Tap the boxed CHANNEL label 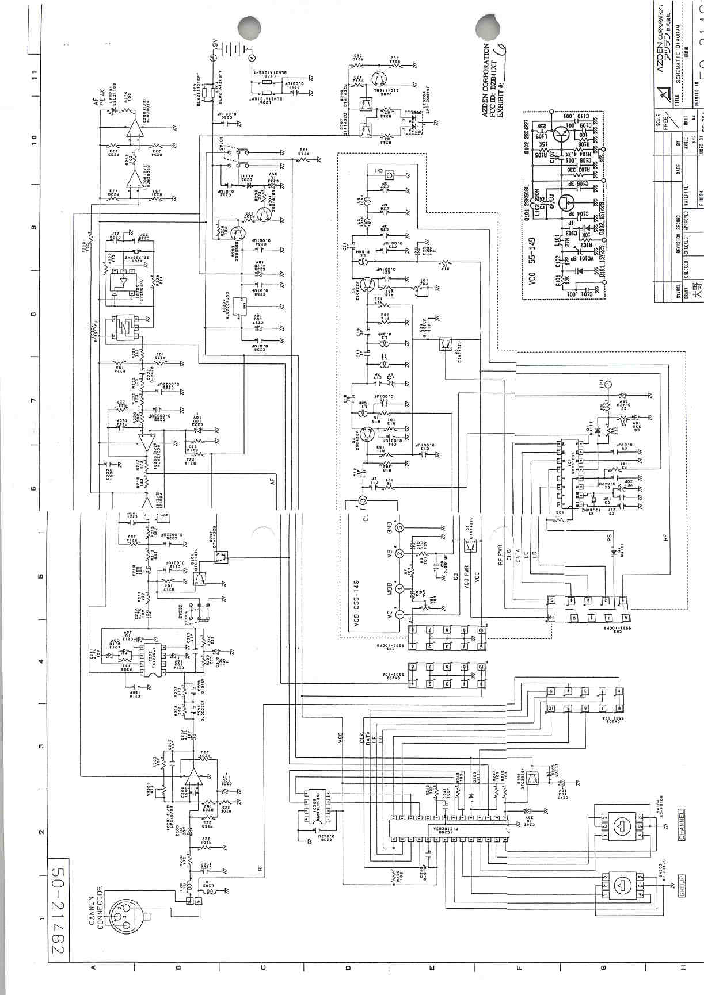click(682, 825)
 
